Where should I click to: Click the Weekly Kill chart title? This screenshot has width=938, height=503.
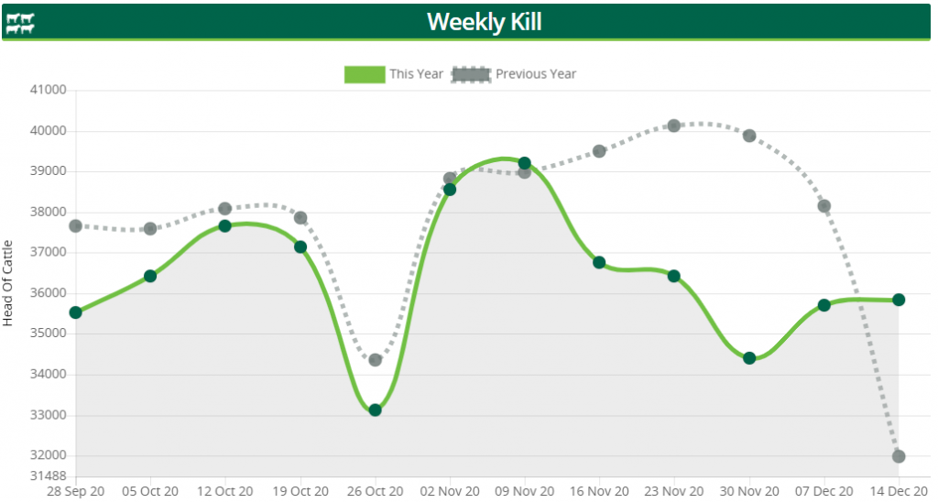pos(484,21)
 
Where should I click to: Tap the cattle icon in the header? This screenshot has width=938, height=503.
pos(20,23)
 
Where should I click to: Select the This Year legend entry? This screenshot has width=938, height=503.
pos(394,74)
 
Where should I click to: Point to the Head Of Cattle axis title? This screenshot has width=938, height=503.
pos(8,283)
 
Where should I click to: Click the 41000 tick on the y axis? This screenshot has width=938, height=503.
pos(49,90)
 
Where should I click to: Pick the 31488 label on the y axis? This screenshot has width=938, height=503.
pos(49,476)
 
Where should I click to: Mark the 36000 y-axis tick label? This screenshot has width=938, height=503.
pos(49,293)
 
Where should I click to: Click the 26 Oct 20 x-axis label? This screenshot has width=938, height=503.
pos(375,491)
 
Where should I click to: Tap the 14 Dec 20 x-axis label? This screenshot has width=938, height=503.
pos(898,491)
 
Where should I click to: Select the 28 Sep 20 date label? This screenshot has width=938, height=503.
pos(75,491)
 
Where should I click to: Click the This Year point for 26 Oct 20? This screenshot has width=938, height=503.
pos(375,410)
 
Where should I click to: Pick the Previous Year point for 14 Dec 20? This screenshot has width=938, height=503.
pos(899,456)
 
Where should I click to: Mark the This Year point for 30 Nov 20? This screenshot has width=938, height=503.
pos(749,358)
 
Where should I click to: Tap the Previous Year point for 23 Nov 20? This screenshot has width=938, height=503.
pos(674,126)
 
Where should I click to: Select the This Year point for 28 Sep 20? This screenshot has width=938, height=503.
pos(75,312)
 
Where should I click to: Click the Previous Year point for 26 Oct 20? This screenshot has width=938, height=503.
pos(375,360)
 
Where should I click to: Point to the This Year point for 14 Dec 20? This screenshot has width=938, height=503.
pos(899,300)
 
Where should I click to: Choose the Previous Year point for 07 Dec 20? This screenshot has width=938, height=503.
pos(823,206)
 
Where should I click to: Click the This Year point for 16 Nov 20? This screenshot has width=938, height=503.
pos(599,262)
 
